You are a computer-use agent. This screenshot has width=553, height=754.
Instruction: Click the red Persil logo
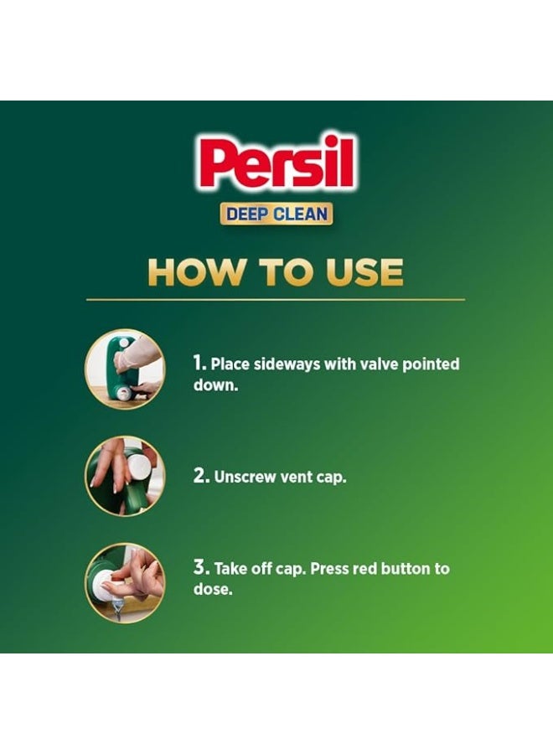pyautogui.click(x=276, y=163)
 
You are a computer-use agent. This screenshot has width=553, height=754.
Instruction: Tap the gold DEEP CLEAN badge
pyautogui.click(x=276, y=214)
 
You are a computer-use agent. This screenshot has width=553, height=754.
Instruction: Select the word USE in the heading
pyautogui.click(x=362, y=272)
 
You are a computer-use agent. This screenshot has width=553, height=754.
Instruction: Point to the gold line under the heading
pyautogui.click(x=276, y=299)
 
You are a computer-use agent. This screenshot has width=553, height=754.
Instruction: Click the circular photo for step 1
pyautogui.click(x=125, y=368)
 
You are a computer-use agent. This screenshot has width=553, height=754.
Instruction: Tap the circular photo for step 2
pyautogui.click(x=125, y=475)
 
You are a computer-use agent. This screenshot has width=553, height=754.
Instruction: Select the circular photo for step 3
pyautogui.click(x=125, y=582)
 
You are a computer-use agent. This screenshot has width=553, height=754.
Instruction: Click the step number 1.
pyautogui.click(x=199, y=364)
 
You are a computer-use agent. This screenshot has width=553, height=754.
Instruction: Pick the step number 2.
pyautogui.click(x=200, y=476)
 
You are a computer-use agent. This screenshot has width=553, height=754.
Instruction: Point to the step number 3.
pyautogui.click(x=200, y=568)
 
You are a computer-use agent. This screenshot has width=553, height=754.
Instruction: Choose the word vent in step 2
pyautogui.click(x=294, y=477)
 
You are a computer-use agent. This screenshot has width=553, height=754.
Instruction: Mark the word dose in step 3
pyautogui.click(x=210, y=590)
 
